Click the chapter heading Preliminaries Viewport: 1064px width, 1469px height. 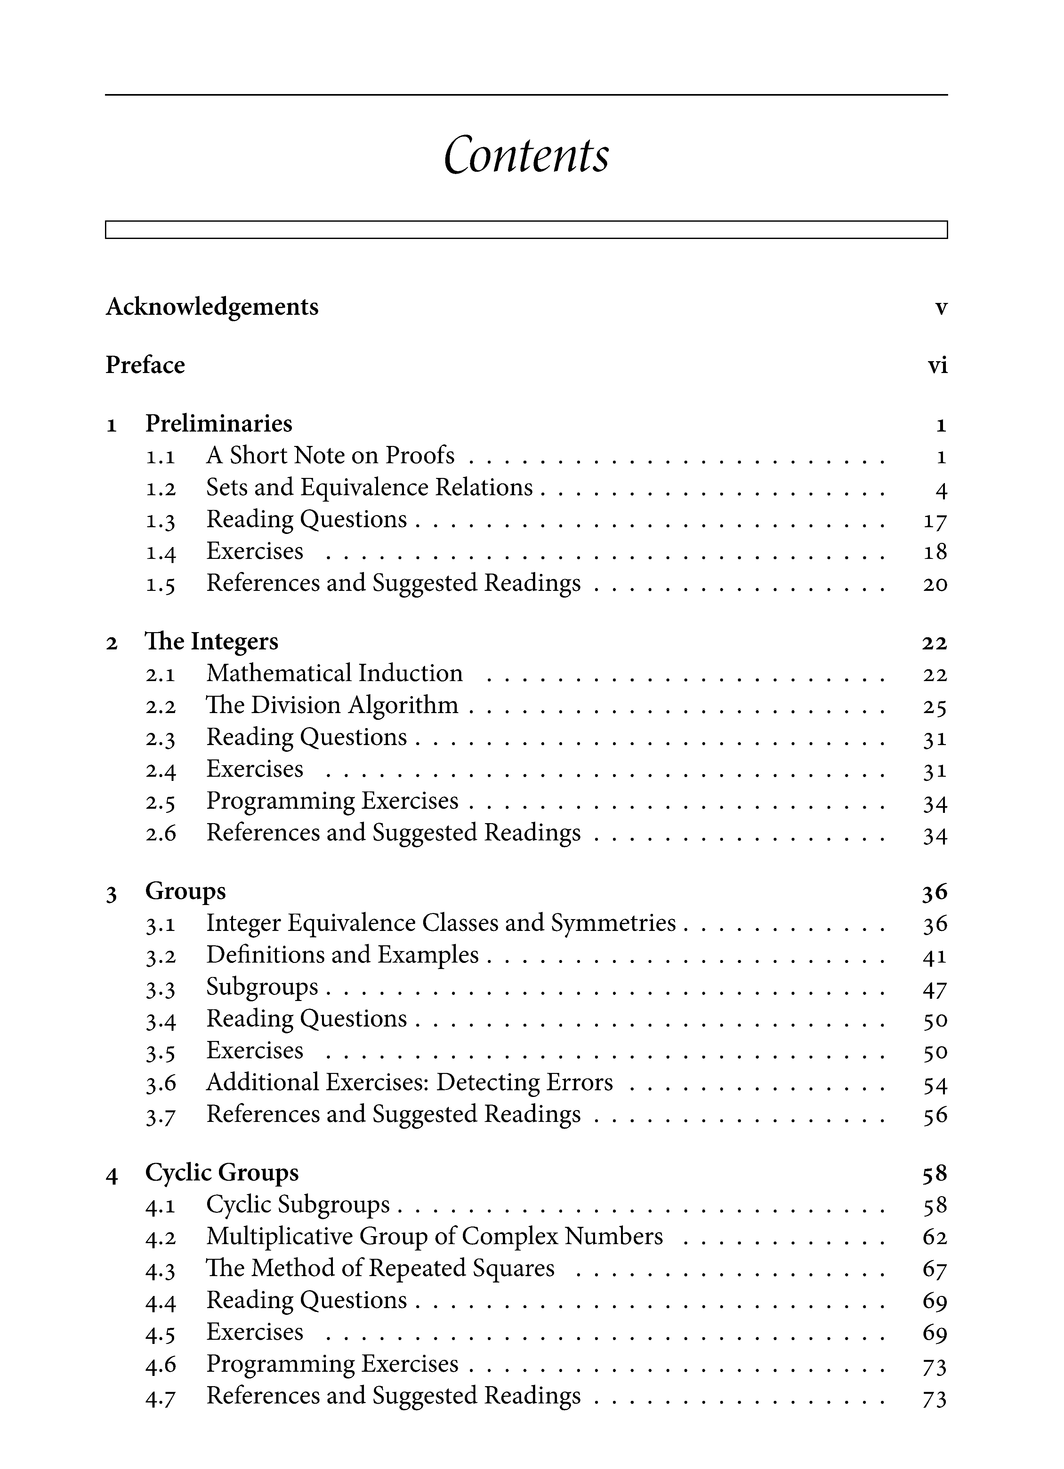[218, 424]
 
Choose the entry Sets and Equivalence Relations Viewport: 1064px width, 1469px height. [369, 488]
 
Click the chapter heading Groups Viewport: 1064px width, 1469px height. [185, 891]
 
